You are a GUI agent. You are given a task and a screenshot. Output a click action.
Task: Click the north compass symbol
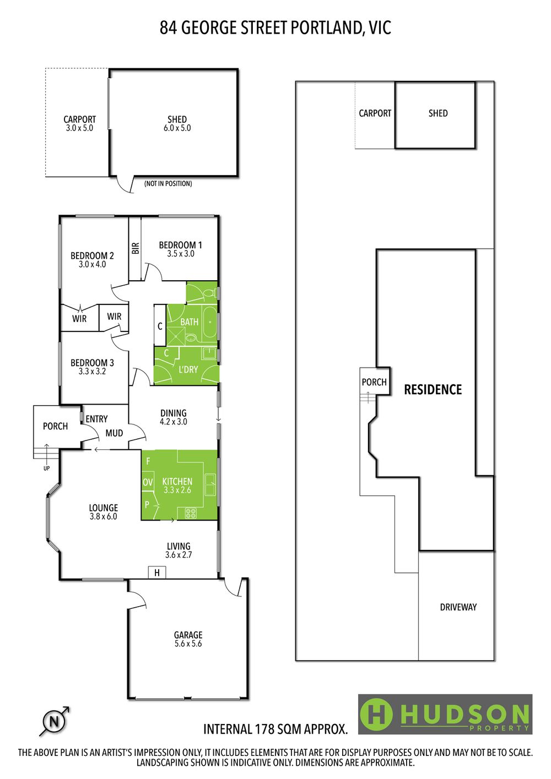[x=55, y=722]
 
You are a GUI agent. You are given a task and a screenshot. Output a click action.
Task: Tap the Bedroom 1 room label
[x=180, y=245]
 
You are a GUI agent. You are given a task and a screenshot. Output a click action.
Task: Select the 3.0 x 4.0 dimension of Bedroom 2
[x=92, y=264]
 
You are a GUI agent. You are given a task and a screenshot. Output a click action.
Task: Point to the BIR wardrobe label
[x=136, y=248]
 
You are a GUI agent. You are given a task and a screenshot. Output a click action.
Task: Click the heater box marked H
[x=157, y=573]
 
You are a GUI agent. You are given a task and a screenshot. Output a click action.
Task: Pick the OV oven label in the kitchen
[x=148, y=482]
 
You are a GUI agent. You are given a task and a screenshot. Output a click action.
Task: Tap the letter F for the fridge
[x=148, y=461]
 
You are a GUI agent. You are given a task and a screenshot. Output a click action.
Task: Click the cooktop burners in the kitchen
[x=191, y=513]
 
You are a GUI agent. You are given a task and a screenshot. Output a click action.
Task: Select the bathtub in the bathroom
[x=209, y=322]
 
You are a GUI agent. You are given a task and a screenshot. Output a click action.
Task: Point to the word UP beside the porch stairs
[x=47, y=469]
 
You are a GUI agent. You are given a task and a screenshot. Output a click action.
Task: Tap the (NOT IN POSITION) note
[x=168, y=184]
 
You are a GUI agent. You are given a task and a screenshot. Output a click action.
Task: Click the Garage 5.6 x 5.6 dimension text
[x=188, y=644]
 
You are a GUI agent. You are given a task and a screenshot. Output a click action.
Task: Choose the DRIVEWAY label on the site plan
[x=458, y=607]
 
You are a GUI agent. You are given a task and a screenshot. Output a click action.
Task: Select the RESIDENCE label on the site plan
[x=433, y=390]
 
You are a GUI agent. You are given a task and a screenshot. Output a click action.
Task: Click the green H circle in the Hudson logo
[x=376, y=715]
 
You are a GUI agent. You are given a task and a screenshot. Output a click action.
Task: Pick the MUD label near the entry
[x=114, y=433]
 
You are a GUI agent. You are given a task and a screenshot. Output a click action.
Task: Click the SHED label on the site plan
[x=438, y=113]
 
